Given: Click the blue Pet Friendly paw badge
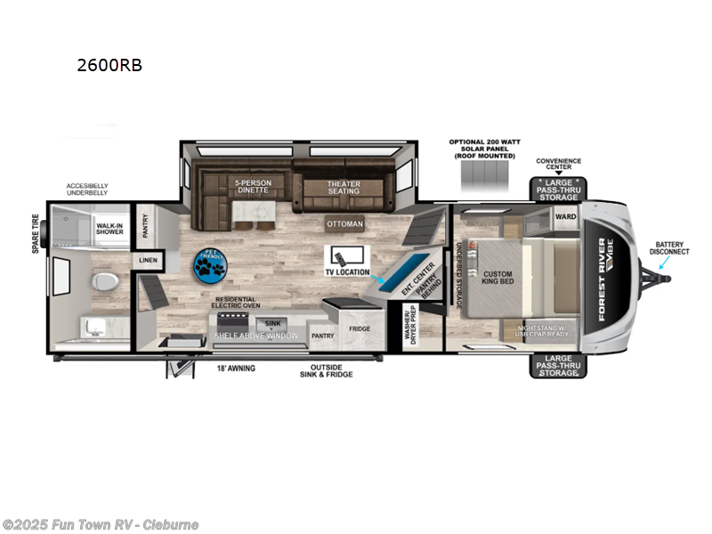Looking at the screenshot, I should pyautogui.click(x=211, y=263).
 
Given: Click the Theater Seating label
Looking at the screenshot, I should pyautogui.click(x=343, y=187).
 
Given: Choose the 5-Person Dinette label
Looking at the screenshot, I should pyautogui.click(x=253, y=187).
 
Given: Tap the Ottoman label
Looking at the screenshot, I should pyautogui.click(x=344, y=224).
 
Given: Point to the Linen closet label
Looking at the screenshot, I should pyautogui.click(x=147, y=261).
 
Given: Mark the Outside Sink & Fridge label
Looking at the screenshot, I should pyautogui.click(x=326, y=370).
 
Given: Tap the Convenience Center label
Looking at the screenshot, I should pyautogui.click(x=558, y=165).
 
